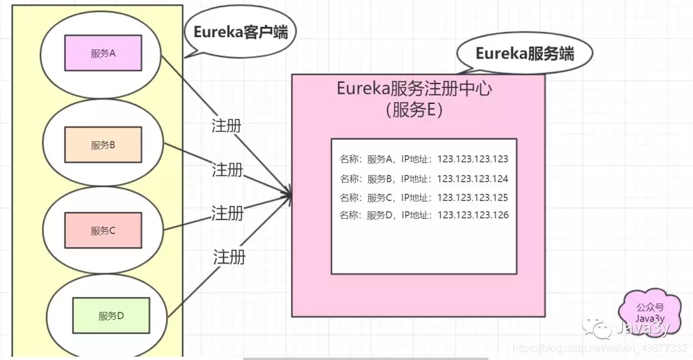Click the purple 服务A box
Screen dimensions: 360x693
click(103, 53)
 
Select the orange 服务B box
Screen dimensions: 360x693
click(103, 144)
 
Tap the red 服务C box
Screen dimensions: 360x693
click(103, 230)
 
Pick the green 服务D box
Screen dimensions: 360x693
click(111, 315)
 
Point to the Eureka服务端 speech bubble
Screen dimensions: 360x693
click(524, 54)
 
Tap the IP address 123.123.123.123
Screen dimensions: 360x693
click(472, 159)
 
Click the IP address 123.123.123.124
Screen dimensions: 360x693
click(472, 178)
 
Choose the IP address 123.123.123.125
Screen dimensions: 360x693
click(472, 197)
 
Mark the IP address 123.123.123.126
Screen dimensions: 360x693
click(472, 215)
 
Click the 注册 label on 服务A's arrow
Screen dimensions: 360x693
click(227, 125)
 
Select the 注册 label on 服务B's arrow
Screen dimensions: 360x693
click(228, 170)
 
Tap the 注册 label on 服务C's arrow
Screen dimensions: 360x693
click(228, 212)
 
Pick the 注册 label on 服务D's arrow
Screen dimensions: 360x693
click(229, 257)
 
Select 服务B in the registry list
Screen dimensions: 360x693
click(379, 178)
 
